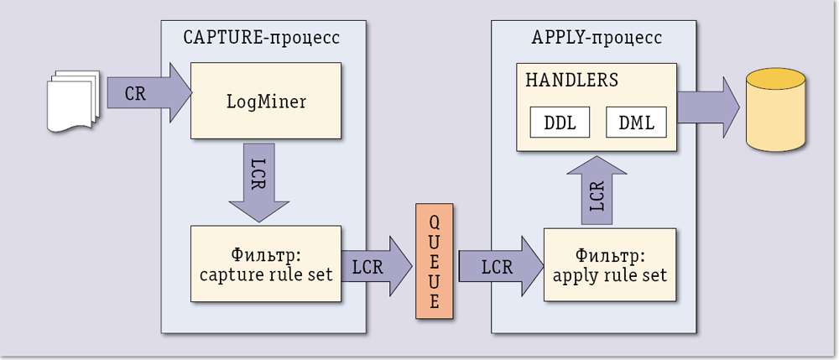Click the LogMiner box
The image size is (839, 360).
point(266,101)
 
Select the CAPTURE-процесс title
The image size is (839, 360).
point(261,38)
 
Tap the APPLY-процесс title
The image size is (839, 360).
point(596,38)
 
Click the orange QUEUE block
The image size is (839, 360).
point(434,261)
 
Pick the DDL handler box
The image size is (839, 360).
point(560,122)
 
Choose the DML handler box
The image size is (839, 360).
point(636,122)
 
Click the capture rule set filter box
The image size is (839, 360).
point(266,263)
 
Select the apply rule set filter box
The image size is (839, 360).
point(610,263)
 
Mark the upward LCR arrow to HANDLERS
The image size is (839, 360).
point(597,192)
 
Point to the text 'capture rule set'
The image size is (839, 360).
point(266,274)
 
